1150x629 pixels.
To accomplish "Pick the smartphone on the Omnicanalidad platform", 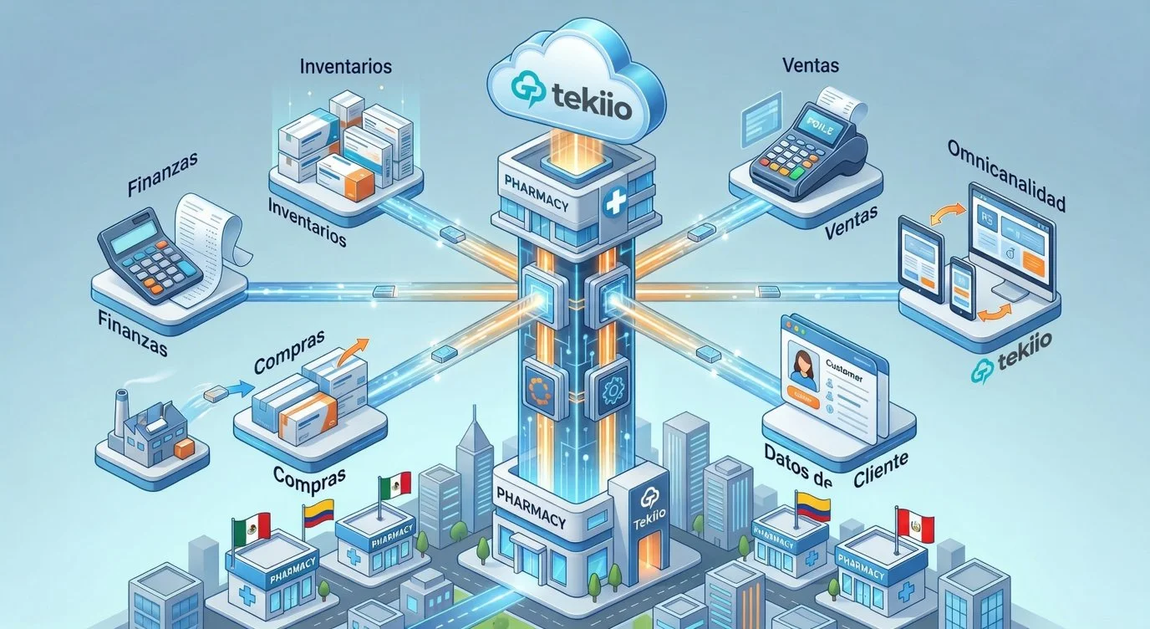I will tap(962, 286).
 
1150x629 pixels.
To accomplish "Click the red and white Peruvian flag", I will tap(914, 524).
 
